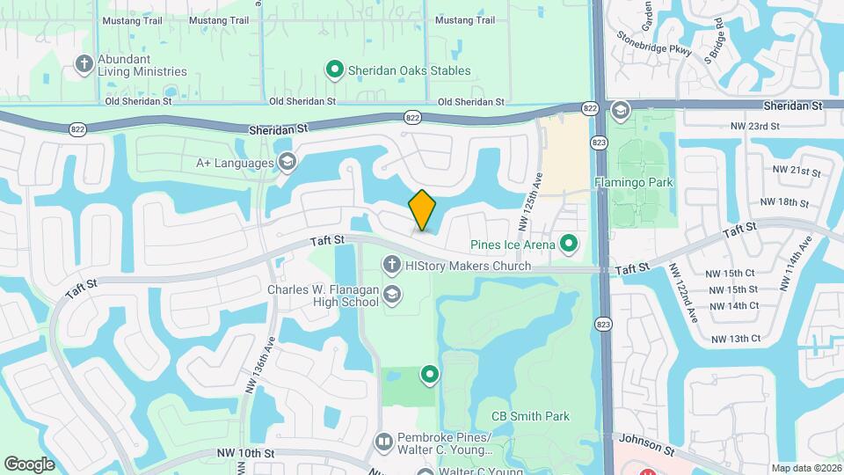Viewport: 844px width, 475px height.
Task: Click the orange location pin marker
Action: click(x=422, y=210)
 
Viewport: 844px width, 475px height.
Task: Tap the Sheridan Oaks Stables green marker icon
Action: click(x=334, y=69)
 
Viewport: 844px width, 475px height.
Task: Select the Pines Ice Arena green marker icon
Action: click(x=569, y=243)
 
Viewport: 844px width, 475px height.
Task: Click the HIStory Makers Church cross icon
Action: click(x=391, y=264)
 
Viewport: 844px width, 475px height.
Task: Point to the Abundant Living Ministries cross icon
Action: click(x=84, y=63)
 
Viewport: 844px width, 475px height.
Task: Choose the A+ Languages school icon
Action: click(x=287, y=162)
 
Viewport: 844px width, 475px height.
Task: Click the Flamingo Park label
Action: click(x=633, y=182)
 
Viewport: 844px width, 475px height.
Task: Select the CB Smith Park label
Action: click(x=530, y=416)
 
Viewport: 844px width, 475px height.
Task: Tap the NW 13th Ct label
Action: click(x=735, y=339)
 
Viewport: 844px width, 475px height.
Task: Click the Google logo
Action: click(x=30, y=464)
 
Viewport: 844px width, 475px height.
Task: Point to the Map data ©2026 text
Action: click(x=805, y=468)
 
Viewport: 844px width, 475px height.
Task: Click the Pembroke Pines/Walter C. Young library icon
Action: click(x=383, y=440)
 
